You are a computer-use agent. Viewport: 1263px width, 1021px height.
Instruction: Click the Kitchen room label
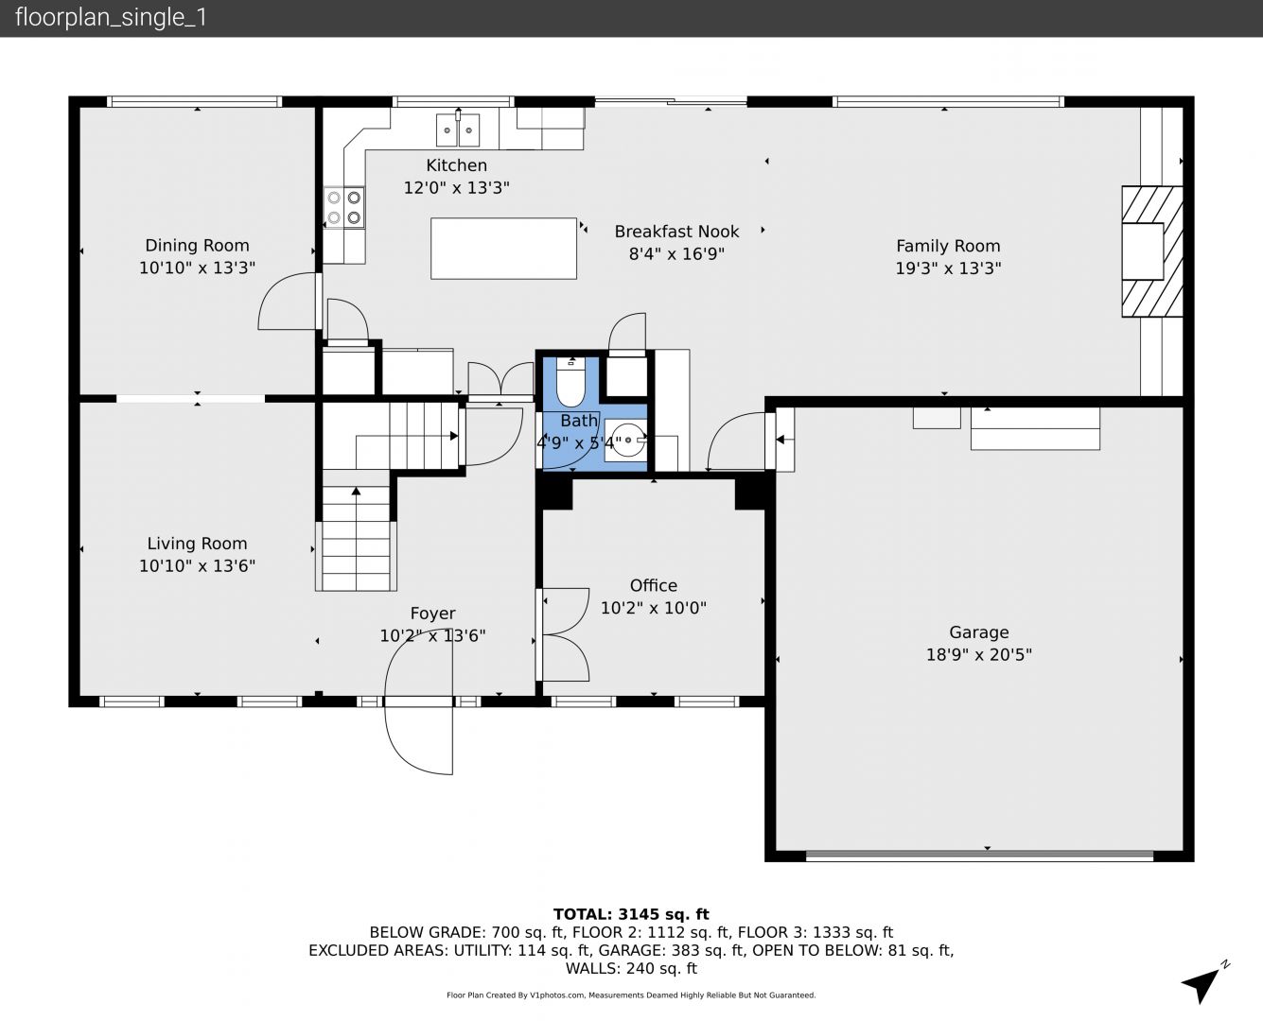tap(456, 165)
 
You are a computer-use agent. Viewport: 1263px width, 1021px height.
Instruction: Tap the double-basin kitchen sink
tap(458, 130)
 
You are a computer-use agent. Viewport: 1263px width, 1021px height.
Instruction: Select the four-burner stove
tap(344, 207)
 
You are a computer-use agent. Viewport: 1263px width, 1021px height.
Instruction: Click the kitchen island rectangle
tap(503, 249)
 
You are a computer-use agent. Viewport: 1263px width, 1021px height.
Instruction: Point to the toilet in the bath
tap(570, 381)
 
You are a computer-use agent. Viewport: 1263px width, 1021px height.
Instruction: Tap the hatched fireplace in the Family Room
tap(1152, 251)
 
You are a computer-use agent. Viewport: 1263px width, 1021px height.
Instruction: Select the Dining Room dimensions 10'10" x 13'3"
tap(197, 268)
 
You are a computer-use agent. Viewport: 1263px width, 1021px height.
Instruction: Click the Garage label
tap(979, 632)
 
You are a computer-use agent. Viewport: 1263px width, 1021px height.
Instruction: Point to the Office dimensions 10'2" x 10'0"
tap(654, 608)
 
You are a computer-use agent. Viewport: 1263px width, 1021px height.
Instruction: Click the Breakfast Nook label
tap(676, 231)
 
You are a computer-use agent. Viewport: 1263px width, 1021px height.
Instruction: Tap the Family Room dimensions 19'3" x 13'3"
tap(948, 268)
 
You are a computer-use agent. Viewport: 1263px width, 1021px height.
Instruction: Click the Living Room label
tap(197, 544)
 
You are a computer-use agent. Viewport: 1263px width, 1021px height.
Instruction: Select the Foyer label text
tap(433, 614)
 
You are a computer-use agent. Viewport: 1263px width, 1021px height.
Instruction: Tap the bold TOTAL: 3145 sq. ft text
tap(631, 914)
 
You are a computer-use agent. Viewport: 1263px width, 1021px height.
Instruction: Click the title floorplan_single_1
tap(111, 18)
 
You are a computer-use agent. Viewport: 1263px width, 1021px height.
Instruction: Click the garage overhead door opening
tap(979, 855)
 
